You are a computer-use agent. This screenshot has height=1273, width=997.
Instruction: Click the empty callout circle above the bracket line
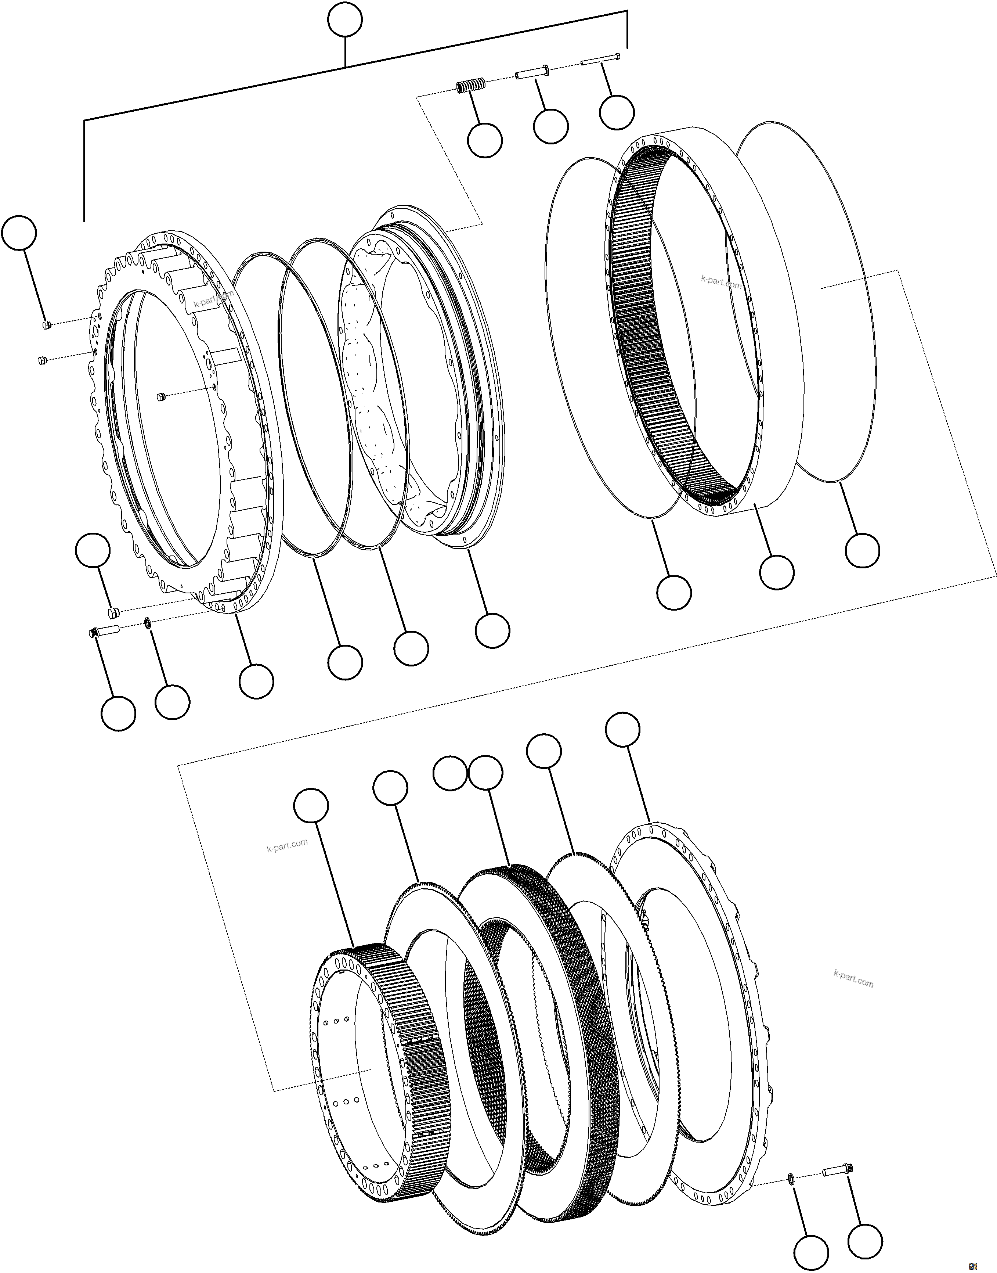(x=344, y=22)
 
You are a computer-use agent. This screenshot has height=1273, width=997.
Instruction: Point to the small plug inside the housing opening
(x=161, y=397)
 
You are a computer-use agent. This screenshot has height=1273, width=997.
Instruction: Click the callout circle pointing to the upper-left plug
(x=19, y=233)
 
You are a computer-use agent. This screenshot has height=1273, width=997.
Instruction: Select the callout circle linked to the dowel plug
(x=93, y=550)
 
